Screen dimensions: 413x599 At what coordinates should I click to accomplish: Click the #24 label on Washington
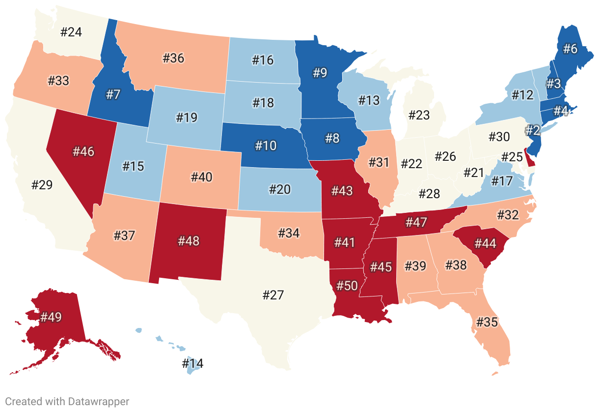click(x=71, y=32)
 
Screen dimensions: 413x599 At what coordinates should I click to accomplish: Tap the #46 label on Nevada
click(x=83, y=151)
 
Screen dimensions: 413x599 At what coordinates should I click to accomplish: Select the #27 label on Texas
click(x=273, y=295)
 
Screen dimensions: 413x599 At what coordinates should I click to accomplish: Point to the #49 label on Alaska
click(x=51, y=317)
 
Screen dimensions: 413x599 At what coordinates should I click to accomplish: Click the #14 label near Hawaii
click(x=192, y=364)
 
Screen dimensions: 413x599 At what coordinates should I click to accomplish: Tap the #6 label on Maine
click(x=570, y=49)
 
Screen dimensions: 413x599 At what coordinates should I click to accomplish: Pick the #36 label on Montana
click(x=173, y=58)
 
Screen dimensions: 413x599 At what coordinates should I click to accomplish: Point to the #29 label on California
click(x=42, y=185)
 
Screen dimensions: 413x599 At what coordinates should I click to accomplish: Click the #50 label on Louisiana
click(x=347, y=287)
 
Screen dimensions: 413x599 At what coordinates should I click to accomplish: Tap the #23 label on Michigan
click(x=419, y=115)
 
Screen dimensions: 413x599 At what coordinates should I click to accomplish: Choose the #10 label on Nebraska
click(x=266, y=146)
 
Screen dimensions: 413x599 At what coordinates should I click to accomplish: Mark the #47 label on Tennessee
click(x=416, y=222)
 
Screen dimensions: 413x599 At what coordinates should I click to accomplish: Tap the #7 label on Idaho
click(x=113, y=94)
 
